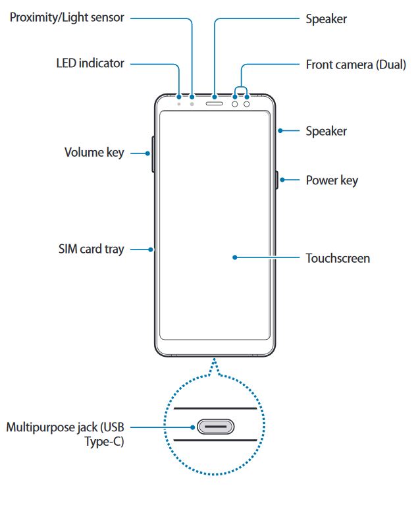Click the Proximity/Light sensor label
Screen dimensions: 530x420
point(66,18)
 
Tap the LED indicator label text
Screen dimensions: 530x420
point(90,64)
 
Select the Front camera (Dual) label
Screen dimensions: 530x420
point(355,65)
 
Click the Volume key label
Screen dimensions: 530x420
point(93,153)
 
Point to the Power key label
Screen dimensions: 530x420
point(332,180)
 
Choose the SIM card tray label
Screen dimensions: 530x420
point(91,250)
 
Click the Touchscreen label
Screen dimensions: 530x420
point(338,258)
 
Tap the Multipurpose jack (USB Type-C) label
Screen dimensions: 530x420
point(65,435)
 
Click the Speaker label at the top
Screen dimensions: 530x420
point(326,19)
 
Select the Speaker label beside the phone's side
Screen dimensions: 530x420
point(326,131)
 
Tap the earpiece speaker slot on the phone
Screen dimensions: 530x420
point(215,103)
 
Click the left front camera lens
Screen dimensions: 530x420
point(235,103)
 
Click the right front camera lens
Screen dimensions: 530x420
point(247,103)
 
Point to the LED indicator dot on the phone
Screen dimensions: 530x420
point(179,103)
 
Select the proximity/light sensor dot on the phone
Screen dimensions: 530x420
point(192,103)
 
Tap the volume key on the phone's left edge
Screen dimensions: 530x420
point(153,153)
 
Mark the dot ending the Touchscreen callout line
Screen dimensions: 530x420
point(234,257)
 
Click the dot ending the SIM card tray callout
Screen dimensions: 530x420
point(151,250)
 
